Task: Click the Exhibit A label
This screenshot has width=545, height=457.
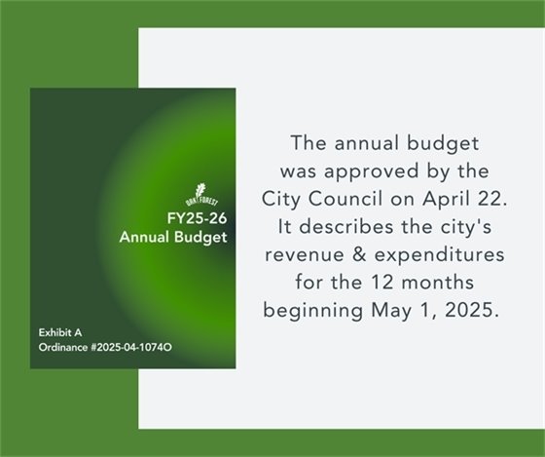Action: [59, 332]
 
